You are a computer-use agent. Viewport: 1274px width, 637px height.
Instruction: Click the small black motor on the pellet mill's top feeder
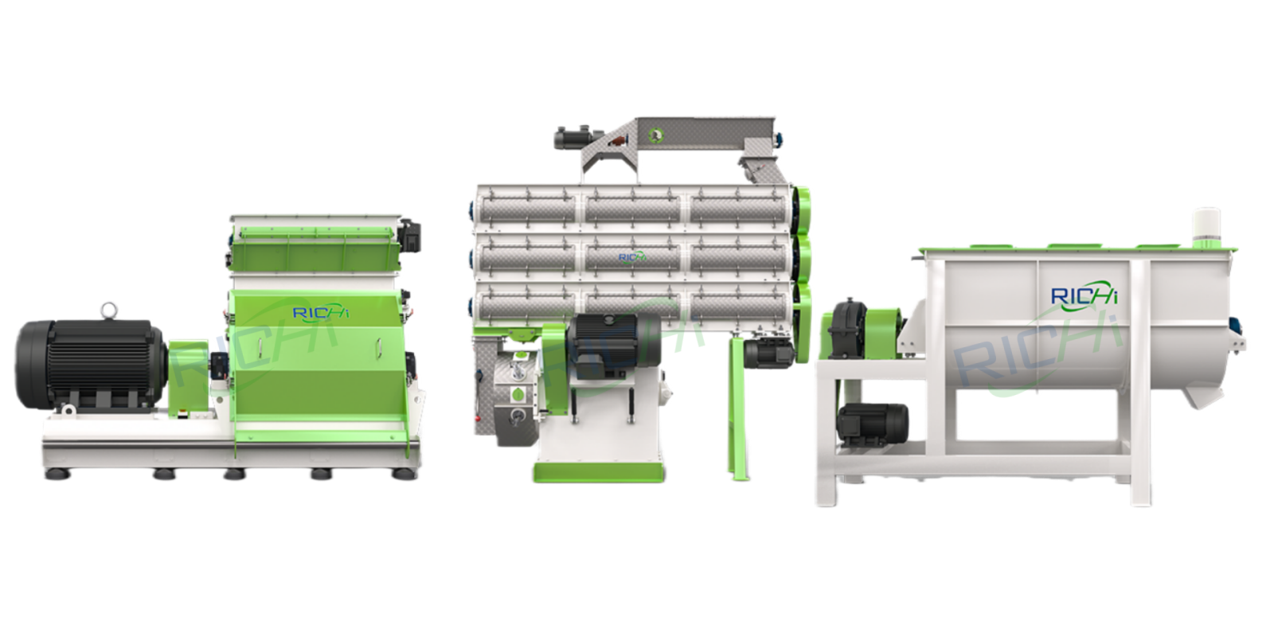tap(573, 137)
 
